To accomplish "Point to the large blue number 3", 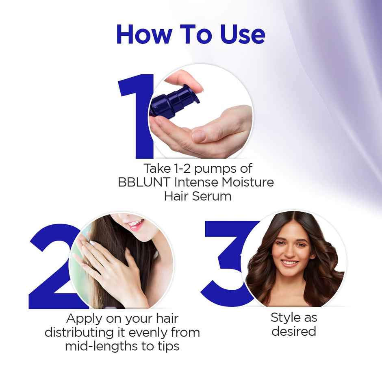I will pos(228,264).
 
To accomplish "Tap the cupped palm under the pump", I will pos(203,134).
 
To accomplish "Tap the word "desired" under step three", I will pos(294,331).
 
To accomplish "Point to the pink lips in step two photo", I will pos(136,224).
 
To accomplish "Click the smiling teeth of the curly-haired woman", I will pos(290,263).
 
